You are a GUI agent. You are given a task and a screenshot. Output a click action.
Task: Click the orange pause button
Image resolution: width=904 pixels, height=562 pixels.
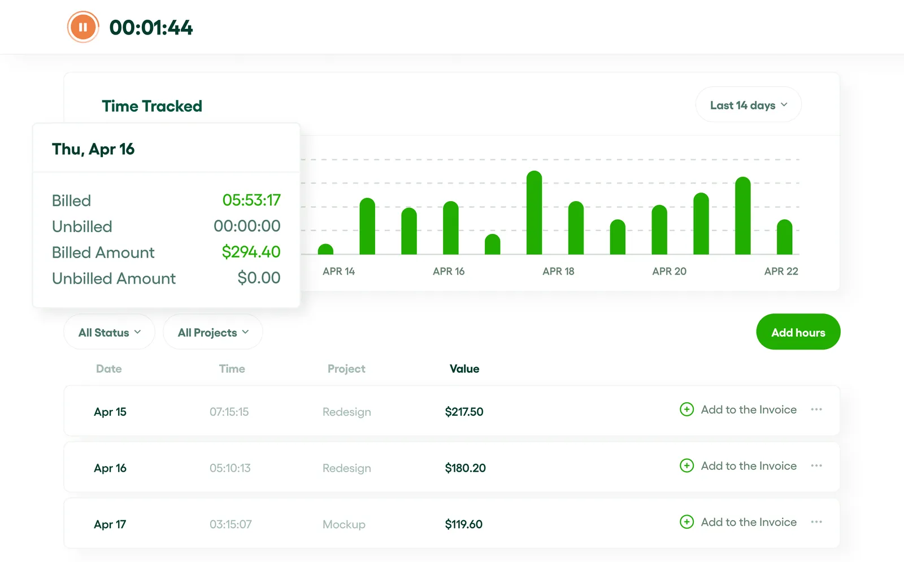coord(83,27)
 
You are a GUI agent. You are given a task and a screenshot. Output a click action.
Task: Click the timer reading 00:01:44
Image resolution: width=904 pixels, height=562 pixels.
coord(151,28)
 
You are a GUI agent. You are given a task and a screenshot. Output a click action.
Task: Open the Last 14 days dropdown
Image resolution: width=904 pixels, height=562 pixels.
coord(748,105)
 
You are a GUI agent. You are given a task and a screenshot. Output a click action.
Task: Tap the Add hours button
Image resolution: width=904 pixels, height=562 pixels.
coord(798,332)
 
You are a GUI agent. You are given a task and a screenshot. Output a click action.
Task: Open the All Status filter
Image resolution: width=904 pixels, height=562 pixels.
coord(109,333)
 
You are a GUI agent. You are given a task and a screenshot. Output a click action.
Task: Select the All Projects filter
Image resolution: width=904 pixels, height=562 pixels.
coord(212,333)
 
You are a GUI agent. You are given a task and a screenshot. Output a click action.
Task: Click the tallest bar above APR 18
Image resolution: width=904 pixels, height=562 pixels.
coord(534,213)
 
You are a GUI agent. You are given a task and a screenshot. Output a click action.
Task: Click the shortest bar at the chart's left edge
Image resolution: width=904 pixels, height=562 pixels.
coord(325,249)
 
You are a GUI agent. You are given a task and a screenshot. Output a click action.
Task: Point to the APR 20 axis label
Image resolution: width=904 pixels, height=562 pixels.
coord(669,271)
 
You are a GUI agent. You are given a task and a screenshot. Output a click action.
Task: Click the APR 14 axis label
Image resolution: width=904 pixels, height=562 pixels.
coord(338,271)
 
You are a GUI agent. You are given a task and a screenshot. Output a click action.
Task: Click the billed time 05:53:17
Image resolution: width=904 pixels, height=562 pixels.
coord(251,200)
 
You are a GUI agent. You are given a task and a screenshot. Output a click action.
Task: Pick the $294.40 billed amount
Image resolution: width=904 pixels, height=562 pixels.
coord(251,252)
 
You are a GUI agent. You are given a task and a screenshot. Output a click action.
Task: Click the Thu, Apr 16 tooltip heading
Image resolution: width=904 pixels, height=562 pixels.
coord(93,149)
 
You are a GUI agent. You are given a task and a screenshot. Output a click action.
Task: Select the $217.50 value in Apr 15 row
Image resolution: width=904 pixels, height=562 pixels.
coord(464,412)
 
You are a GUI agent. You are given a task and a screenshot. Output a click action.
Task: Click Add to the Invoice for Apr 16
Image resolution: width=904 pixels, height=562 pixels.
coord(748,466)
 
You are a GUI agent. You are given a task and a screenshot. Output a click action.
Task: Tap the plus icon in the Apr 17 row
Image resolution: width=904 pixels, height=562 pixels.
coord(686,522)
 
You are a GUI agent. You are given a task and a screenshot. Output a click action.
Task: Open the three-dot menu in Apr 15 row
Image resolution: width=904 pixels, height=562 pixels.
coord(816,409)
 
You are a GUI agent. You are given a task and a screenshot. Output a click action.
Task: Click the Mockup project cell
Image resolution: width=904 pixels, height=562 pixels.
coord(344,525)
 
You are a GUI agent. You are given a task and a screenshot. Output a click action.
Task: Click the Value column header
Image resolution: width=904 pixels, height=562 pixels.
coord(464,369)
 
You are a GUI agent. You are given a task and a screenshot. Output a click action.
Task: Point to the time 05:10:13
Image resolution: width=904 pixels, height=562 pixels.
coord(230,468)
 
